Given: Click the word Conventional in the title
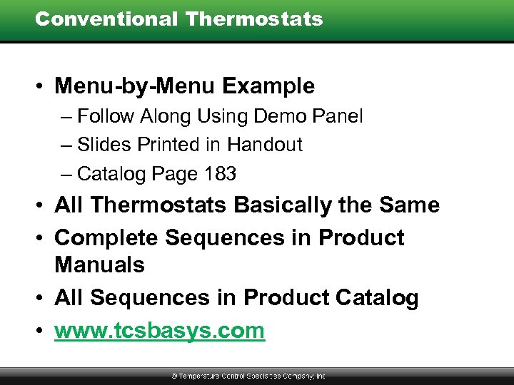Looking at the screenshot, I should [x=106, y=19].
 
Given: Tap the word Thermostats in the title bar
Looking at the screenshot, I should [x=253, y=19].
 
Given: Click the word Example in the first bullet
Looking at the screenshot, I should [x=268, y=86].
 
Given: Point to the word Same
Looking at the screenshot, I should [x=409, y=205].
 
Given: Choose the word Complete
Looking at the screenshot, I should [x=113, y=237].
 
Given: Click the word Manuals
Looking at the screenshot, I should [x=99, y=265].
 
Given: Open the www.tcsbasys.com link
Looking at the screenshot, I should [x=159, y=331].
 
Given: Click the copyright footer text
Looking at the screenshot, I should [x=248, y=376].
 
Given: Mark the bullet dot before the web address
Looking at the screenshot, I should [x=41, y=331].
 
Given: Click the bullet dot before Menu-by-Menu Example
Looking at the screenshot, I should [x=41, y=87].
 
